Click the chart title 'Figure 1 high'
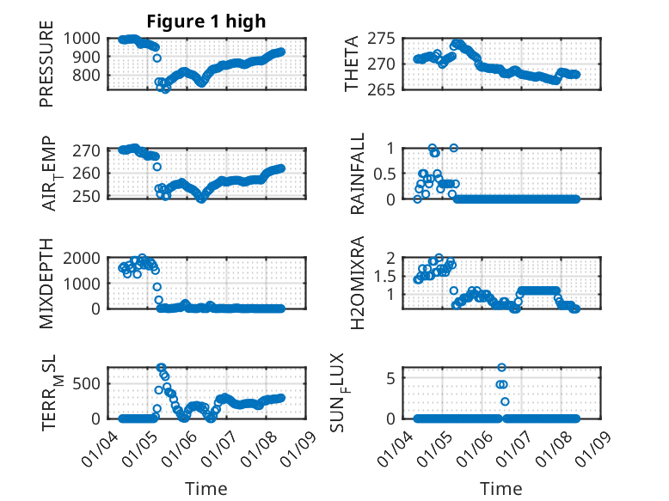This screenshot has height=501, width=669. pyautogui.click(x=206, y=21)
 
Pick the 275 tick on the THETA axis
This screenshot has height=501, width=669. pyautogui.click(x=381, y=39)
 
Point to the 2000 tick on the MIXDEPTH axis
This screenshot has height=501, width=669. pyautogui.click(x=82, y=259)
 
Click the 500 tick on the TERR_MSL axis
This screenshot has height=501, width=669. pyautogui.click(x=88, y=384)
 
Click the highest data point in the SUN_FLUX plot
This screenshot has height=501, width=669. pyautogui.click(x=501, y=367)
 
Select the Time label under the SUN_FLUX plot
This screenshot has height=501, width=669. pyautogui.click(x=501, y=489)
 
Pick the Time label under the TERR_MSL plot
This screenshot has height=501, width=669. pyautogui.click(x=206, y=489)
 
